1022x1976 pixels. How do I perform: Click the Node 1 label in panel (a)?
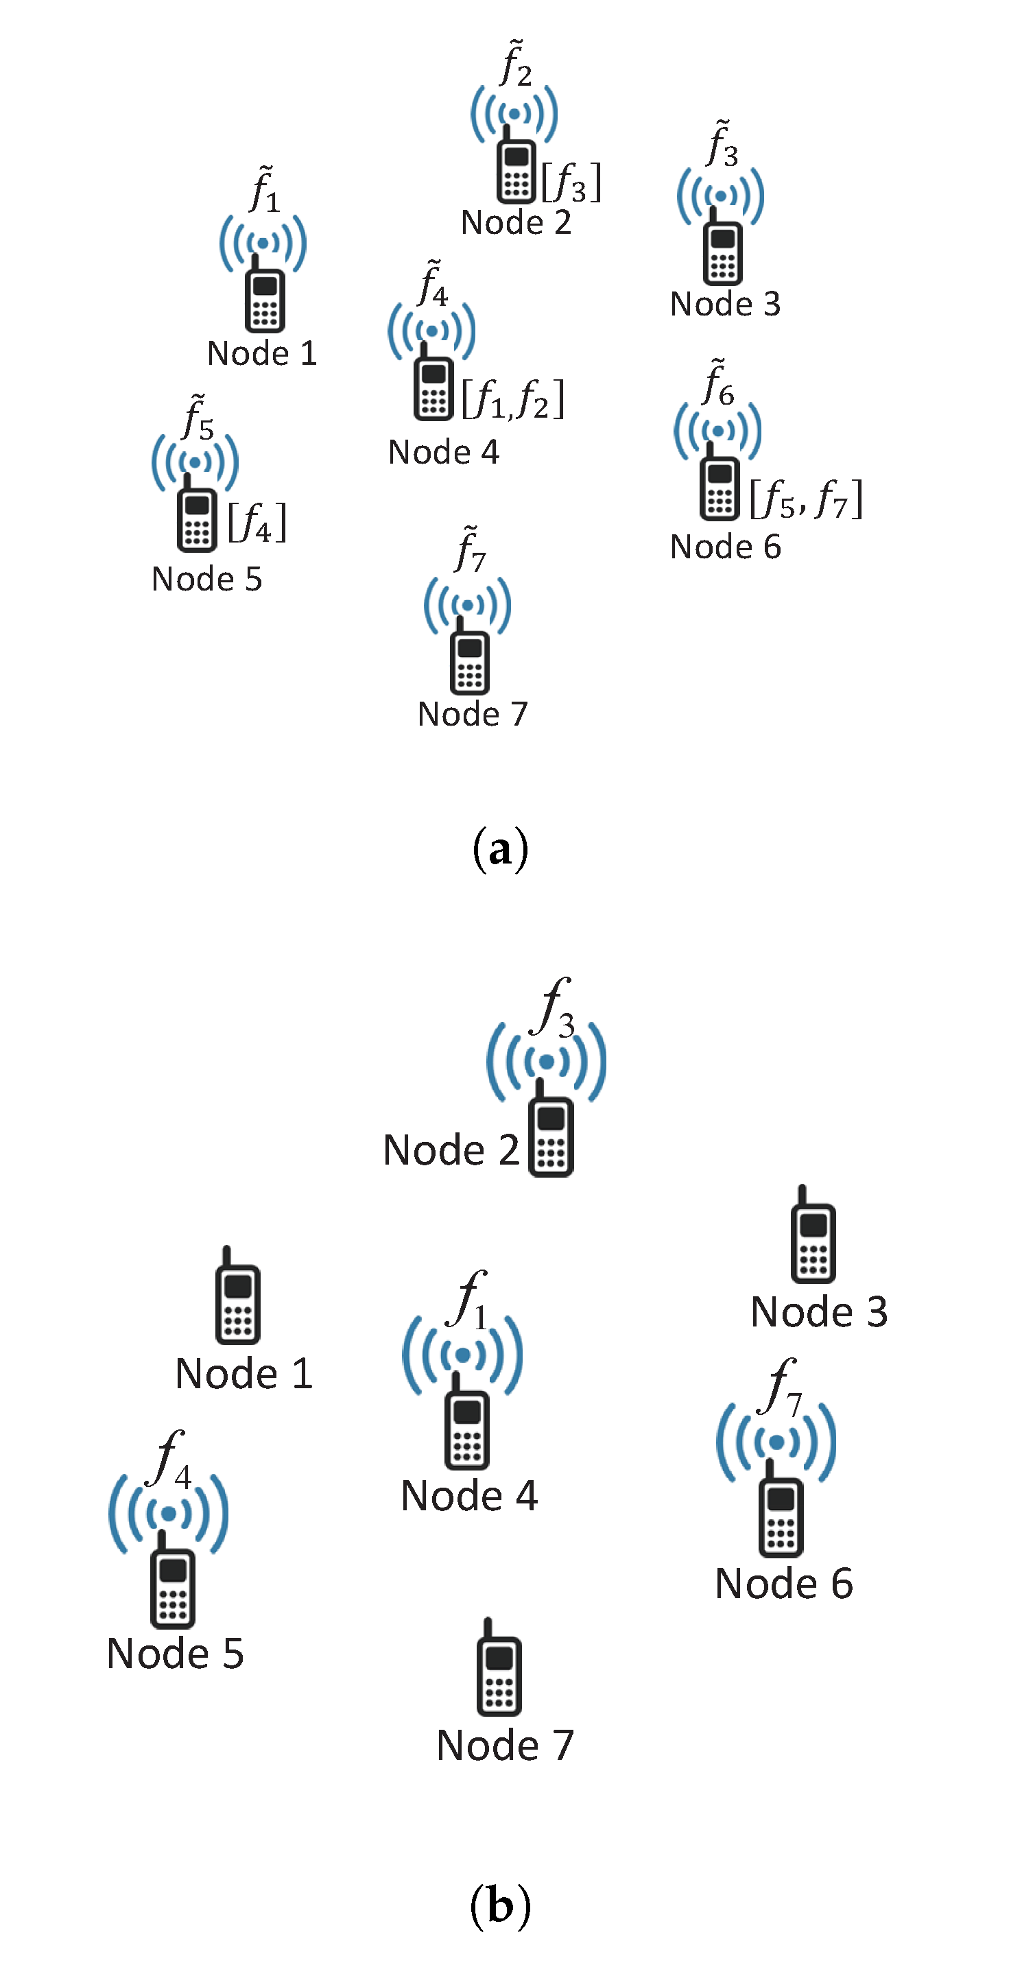tap(261, 354)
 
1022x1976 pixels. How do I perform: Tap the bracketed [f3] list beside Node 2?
tap(571, 183)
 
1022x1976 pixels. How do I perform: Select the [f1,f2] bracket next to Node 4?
tap(512, 399)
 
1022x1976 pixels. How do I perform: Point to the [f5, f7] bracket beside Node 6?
tap(806, 499)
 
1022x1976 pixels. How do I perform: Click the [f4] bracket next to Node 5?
tap(257, 523)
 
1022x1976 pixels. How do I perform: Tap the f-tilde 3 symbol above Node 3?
tap(722, 145)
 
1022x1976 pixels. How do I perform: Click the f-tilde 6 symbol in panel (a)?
tap(718, 384)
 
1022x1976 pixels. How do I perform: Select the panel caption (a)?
tap(500, 848)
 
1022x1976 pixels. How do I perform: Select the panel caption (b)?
tap(500, 1905)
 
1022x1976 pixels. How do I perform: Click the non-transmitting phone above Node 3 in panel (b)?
tap(813, 1237)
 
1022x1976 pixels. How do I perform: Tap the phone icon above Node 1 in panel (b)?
tap(237, 1298)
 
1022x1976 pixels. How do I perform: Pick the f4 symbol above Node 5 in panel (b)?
tap(170, 1459)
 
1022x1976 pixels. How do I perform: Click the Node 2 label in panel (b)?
tap(451, 1150)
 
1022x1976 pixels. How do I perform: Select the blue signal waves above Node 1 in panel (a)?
tap(263, 243)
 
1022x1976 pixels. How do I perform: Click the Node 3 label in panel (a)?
tap(725, 304)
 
